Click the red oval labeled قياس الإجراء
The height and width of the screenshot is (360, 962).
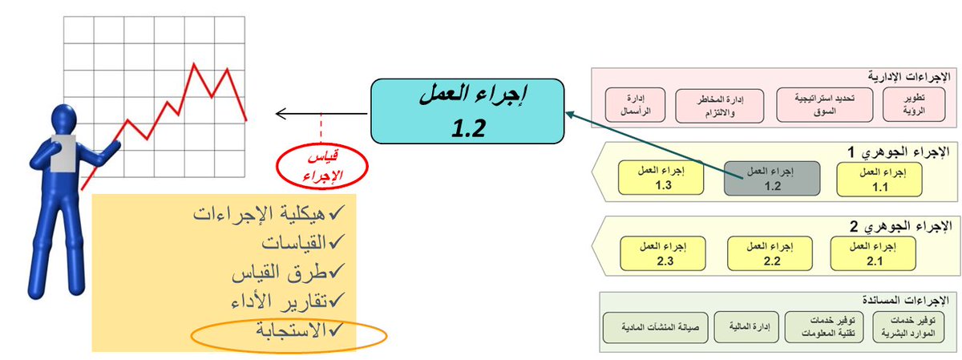tap(321, 164)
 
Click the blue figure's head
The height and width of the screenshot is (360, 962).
tap(67, 122)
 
